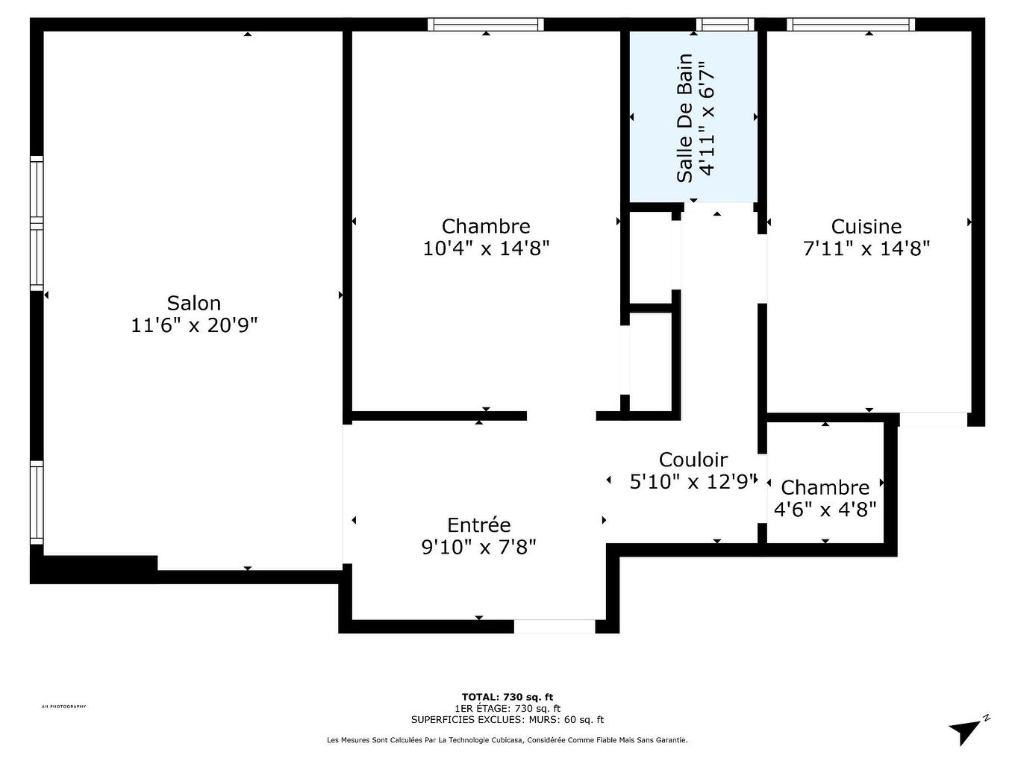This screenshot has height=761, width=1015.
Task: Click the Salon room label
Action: pyautogui.click(x=194, y=303)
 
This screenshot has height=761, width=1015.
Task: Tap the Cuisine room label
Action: pyautogui.click(x=866, y=226)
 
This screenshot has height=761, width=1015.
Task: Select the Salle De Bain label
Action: pyautogui.click(x=685, y=118)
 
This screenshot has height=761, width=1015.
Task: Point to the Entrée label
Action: pyautogui.click(x=478, y=525)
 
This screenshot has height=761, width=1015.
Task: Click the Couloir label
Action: pyautogui.click(x=693, y=460)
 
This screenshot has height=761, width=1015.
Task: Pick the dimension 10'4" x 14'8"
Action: pyautogui.click(x=486, y=248)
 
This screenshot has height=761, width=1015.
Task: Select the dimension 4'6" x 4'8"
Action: pyautogui.click(x=825, y=510)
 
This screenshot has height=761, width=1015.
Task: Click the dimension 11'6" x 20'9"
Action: pyautogui.click(x=194, y=325)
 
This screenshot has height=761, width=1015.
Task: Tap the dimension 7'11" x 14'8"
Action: pyautogui.click(x=866, y=248)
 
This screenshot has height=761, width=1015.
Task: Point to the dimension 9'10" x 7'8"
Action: pyautogui.click(x=478, y=547)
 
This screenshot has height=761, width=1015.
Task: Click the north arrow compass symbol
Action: pyautogui.click(x=969, y=730)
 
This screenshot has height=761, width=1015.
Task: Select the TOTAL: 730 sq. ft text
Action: pyautogui.click(x=507, y=697)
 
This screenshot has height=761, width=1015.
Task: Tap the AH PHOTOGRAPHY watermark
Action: pyautogui.click(x=64, y=707)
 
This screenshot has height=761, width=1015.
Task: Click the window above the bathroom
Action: pyautogui.click(x=725, y=25)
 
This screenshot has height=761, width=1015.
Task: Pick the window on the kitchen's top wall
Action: pyautogui.click(x=851, y=25)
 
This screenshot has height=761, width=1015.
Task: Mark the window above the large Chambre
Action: pyautogui.click(x=486, y=25)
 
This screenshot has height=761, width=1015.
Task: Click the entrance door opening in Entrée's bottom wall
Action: pyautogui.click(x=555, y=626)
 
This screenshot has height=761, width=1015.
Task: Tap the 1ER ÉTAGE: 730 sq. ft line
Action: pyautogui.click(x=507, y=708)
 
